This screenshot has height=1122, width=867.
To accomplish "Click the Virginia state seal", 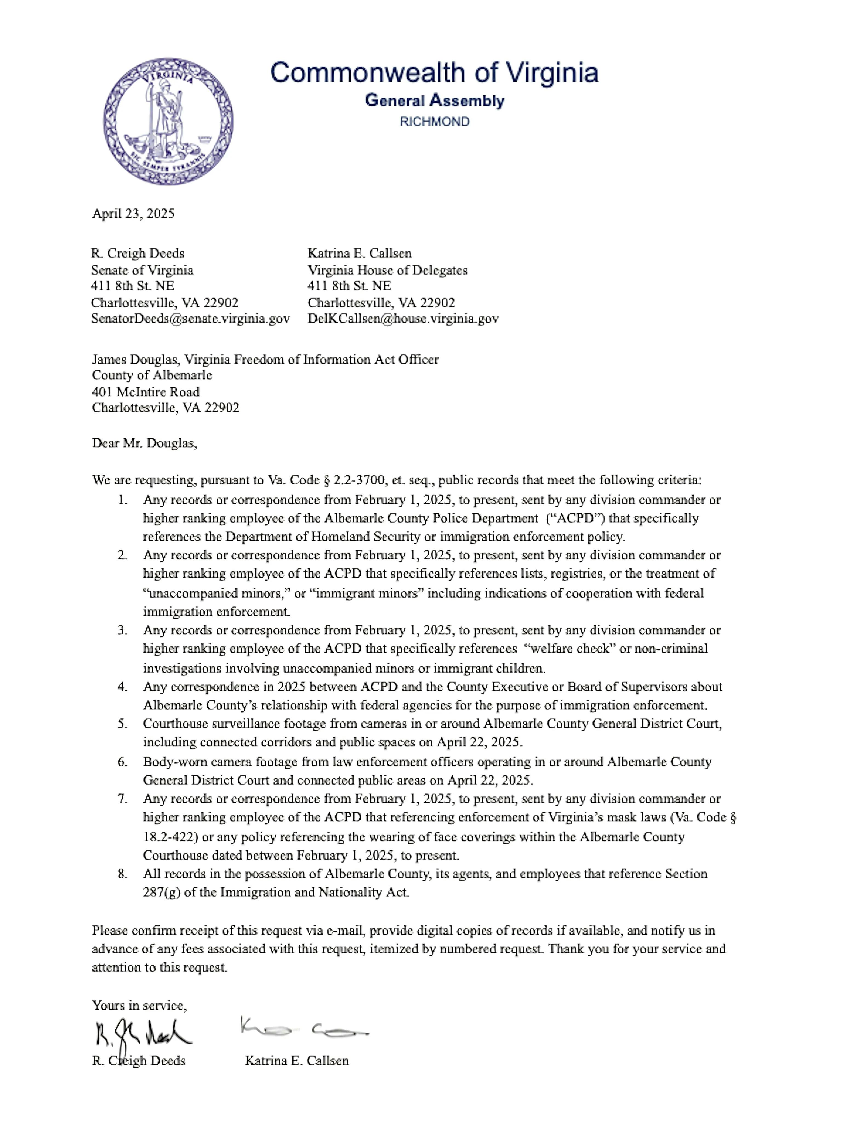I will tap(168, 121).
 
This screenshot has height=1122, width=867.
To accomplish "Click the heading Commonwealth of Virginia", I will tap(434, 72).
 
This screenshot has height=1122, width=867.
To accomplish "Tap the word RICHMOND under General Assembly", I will tap(434, 122).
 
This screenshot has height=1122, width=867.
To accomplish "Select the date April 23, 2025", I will tap(133, 214).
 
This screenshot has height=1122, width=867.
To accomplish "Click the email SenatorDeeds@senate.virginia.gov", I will tap(190, 319).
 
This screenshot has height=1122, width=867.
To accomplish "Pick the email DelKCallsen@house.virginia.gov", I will tap(403, 319).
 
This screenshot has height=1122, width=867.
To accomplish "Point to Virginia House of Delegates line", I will tap(387, 270).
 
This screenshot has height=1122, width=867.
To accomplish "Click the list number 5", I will tap(122, 724).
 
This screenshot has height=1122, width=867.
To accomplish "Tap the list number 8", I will tap(122, 874).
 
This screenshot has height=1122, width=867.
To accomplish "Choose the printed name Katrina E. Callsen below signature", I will tap(296, 1061).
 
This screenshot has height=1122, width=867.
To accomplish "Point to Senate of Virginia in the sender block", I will tap(142, 270).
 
